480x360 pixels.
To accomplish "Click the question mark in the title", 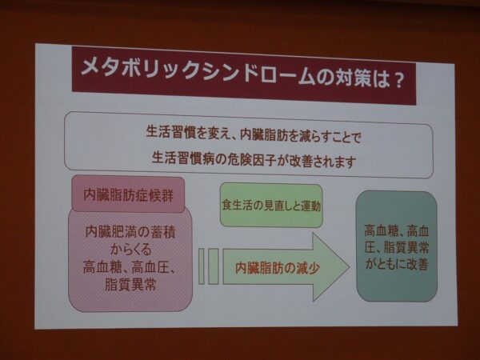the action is coord(398,82).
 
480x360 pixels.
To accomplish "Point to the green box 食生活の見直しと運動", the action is coord(271,205).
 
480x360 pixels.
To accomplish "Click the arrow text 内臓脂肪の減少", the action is coord(278,268).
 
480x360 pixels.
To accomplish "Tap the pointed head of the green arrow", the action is coord(349,266).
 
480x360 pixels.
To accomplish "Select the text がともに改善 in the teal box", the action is coord(397,264).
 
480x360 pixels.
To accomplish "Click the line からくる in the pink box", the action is coord(130,250).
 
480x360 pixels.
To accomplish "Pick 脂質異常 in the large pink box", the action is coord(130,284).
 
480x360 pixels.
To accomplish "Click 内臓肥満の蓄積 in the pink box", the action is coord(130,232).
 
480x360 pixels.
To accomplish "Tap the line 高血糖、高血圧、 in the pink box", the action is coord(129,268).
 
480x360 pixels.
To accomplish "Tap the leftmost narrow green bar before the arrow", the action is coord(202,266).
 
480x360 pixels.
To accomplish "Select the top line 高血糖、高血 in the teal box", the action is coord(397,231).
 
